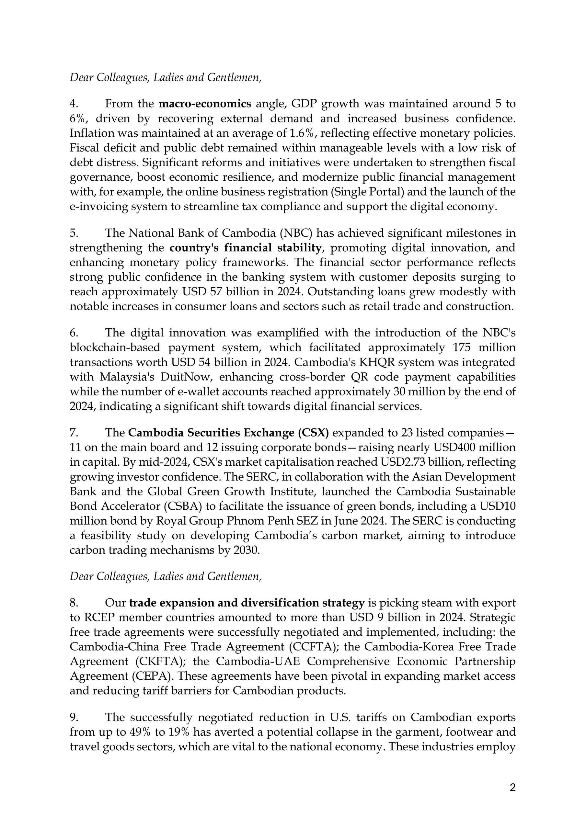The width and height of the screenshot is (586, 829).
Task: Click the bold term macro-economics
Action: pos(205,104)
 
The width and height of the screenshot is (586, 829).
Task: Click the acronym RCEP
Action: pos(98,618)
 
